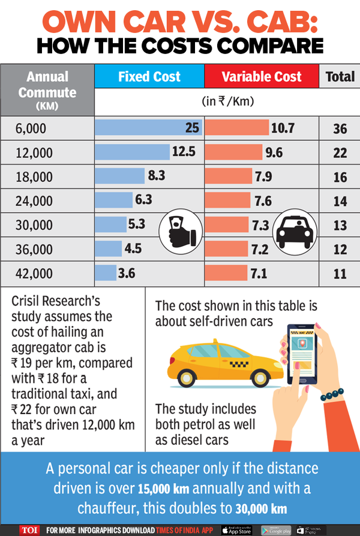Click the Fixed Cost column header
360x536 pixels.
pos(149,77)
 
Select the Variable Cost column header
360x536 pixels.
pos(261,77)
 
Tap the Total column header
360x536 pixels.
pos(340,77)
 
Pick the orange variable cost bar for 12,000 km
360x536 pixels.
pos(233,151)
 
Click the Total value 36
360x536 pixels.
pos(340,128)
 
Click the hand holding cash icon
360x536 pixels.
pos(178,231)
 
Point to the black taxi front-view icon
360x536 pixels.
pos(292,232)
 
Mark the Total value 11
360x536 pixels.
pos(340,274)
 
